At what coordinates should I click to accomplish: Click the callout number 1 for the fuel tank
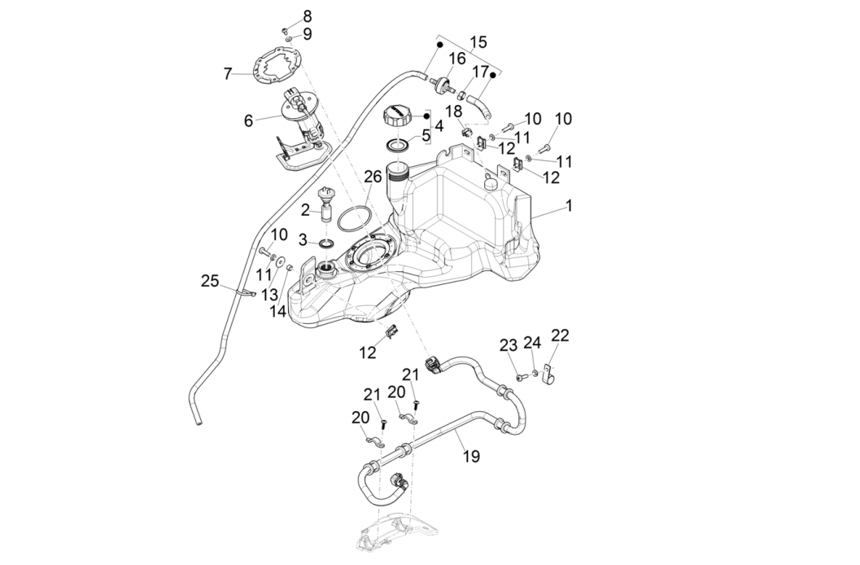[x=569, y=207]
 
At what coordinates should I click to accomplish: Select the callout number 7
[x=228, y=74]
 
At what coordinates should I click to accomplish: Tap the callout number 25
[x=210, y=281]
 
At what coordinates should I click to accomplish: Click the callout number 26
[x=373, y=176]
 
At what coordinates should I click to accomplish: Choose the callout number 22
[x=560, y=335]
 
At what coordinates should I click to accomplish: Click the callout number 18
[x=453, y=110]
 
